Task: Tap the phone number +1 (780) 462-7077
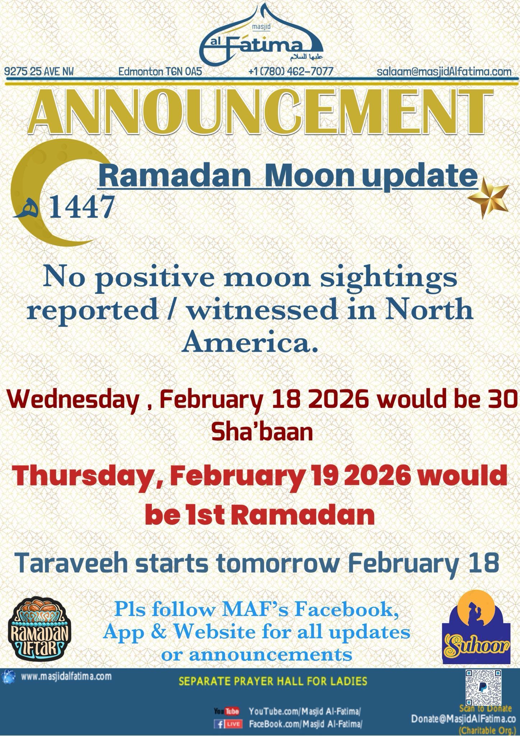291,71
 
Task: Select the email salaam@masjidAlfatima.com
444,71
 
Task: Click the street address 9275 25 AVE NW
39,71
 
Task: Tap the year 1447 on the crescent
81,208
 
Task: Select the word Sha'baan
262,432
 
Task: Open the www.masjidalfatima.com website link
66,676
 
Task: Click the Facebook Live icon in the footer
228,723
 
